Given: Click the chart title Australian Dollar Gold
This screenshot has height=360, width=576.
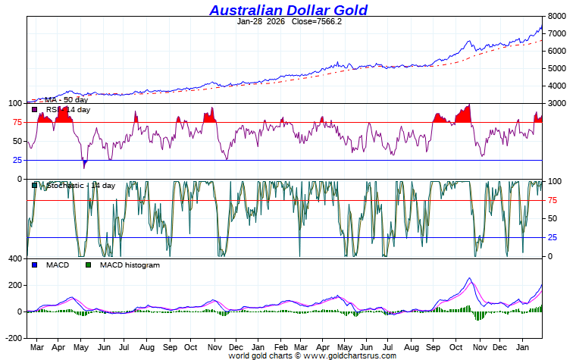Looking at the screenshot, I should coord(288,10).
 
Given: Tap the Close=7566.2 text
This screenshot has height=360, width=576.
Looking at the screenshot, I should coord(317,21).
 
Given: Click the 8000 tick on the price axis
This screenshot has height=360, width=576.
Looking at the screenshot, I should coord(557,16).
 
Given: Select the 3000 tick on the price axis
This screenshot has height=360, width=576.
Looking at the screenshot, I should coord(557,103).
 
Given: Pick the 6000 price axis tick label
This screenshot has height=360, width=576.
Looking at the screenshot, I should coord(557,51).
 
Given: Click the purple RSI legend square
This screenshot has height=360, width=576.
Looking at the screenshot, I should coord(34,110).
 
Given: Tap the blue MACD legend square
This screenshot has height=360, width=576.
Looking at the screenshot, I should coord(34,265).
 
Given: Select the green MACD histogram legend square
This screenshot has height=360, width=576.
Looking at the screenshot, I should coord(88,265).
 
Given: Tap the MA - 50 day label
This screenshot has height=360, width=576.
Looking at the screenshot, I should coord(66,100).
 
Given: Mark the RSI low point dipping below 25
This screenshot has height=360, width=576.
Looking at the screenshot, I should coord(84,165).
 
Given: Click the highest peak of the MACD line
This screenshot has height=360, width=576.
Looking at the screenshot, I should coord(469,279).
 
